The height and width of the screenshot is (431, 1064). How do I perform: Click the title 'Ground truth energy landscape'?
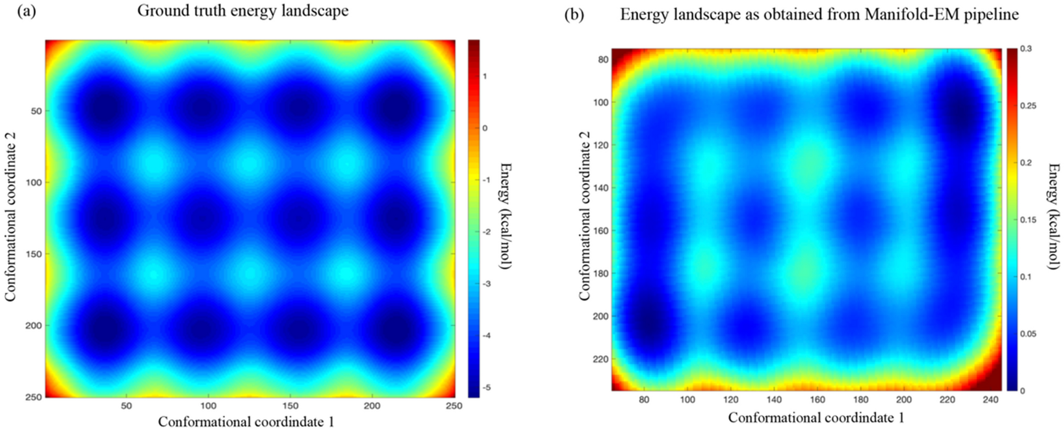pyautogui.click(x=243, y=11)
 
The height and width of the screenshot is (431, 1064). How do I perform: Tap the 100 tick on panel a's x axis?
pyautogui.click(x=208, y=406)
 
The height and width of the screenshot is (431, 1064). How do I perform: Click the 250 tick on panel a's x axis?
pyautogui.click(x=454, y=406)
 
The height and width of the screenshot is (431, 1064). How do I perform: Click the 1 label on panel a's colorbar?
pyautogui.click(x=485, y=76)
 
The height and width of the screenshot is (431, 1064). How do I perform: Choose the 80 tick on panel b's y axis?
pyautogui.click(x=602, y=60)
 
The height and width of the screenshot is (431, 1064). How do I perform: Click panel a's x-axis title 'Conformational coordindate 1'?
pyautogui.click(x=246, y=422)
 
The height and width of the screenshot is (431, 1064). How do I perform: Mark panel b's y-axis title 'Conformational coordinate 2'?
pyautogui.click(x=585, y=216)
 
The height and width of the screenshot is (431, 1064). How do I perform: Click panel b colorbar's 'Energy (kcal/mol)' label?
pyautogui.click(x=1053, y=216)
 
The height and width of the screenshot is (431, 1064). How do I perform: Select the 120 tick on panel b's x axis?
pyautogui.click(x=730, y=400)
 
